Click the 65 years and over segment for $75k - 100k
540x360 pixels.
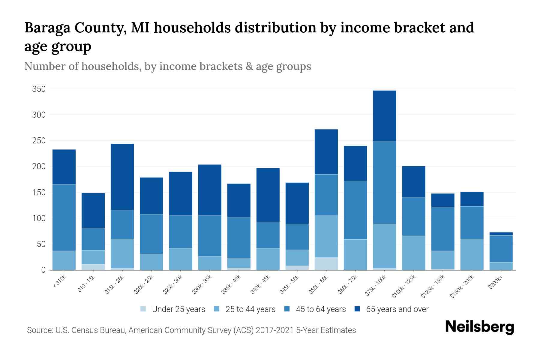pos(384,116)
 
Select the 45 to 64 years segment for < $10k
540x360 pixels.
pos(64,217)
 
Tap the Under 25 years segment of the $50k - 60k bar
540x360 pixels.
pos(326,264)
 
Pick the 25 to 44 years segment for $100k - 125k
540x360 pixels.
pos(413,253)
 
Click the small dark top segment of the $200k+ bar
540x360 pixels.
pos(501,234)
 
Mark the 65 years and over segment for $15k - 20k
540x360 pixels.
pos(122,177)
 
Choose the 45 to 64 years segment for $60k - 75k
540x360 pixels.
pos(355,210)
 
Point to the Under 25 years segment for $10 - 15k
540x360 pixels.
pos(93,267)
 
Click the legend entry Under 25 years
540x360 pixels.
pos(178,309)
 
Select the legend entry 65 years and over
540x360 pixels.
pos(397,309)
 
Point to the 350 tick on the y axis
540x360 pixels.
pos(39,89)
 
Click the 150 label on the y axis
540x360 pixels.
pos(39,192)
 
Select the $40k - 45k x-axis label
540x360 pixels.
pos(260,285)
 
